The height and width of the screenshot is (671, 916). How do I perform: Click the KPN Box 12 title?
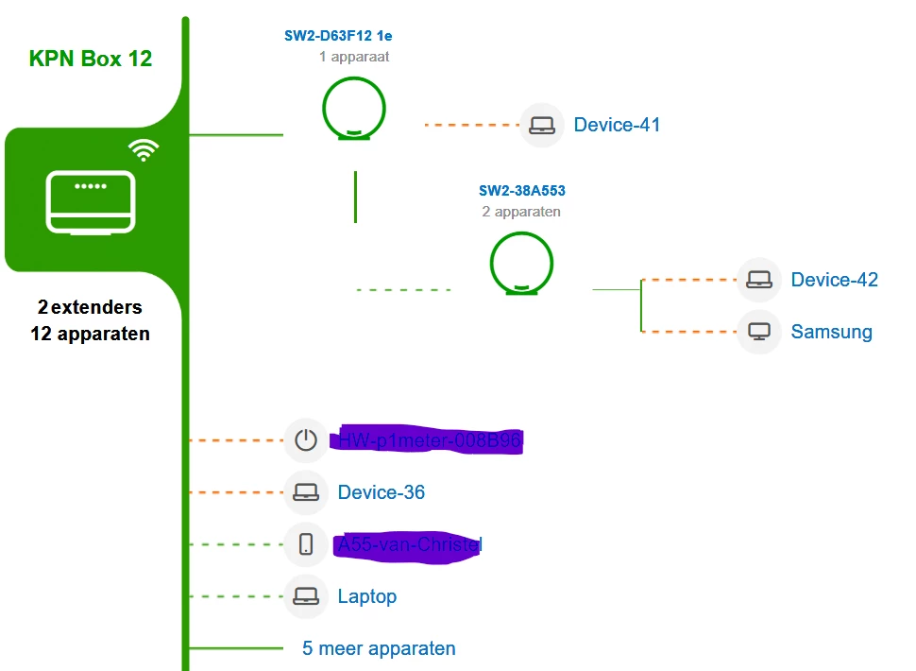point(91,59)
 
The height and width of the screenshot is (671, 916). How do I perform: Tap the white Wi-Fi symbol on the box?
point(144,149)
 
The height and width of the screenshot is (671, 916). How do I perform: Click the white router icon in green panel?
point(91,201)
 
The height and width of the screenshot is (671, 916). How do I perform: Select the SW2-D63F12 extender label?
point(338,36)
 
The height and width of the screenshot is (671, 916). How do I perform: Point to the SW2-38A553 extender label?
point(521,191)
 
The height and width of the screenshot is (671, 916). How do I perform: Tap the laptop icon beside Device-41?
point(542,125)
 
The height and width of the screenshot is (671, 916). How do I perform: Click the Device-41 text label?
point(617,125)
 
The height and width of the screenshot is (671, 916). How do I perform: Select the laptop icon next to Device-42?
point(759,280)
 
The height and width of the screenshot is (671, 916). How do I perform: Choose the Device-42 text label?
point(834,280)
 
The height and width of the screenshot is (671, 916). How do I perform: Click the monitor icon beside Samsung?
point(759,332)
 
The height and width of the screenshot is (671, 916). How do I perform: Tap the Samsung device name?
point(831,332)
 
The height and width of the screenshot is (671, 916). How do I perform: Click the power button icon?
point(306,440)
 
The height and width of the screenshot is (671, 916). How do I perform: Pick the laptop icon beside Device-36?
point(306,492)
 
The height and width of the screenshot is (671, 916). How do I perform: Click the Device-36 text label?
point(382,492)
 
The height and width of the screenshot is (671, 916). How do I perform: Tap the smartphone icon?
point(306,544)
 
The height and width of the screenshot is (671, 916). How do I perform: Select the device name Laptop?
point(366,596)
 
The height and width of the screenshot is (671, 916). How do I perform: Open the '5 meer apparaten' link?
point(379,648)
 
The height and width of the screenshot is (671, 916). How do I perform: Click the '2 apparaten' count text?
point(521,212)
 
